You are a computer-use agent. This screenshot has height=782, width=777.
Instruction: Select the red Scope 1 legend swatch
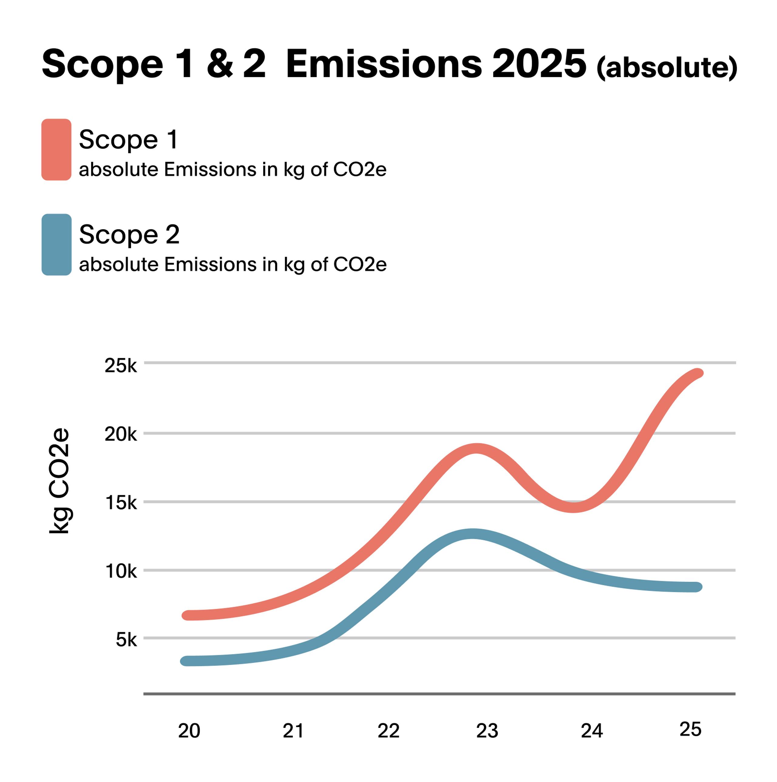(56, 149)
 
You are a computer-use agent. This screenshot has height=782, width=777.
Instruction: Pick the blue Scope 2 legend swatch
(56, 244)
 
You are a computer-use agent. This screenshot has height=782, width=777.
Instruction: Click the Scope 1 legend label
(128, 139)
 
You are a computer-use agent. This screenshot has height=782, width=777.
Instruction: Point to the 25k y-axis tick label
(121, 366)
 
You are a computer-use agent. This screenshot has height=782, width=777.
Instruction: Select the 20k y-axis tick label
(121, 434)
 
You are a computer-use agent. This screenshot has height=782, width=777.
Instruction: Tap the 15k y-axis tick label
(121, 503)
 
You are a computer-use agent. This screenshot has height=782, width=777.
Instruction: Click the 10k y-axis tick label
(121, 571)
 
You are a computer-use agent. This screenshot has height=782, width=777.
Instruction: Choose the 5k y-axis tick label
(126, 640)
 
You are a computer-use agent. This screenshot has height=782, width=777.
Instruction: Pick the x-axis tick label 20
(189, 731)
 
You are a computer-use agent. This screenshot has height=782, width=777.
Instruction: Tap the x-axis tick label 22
(388, 731)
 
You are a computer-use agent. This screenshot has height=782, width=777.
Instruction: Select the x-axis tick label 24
(592, 731)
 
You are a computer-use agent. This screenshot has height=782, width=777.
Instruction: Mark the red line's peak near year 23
(477, 449)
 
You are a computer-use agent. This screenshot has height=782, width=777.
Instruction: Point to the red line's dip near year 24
(573, 507)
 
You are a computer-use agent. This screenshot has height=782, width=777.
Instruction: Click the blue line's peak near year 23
(472, 534)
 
